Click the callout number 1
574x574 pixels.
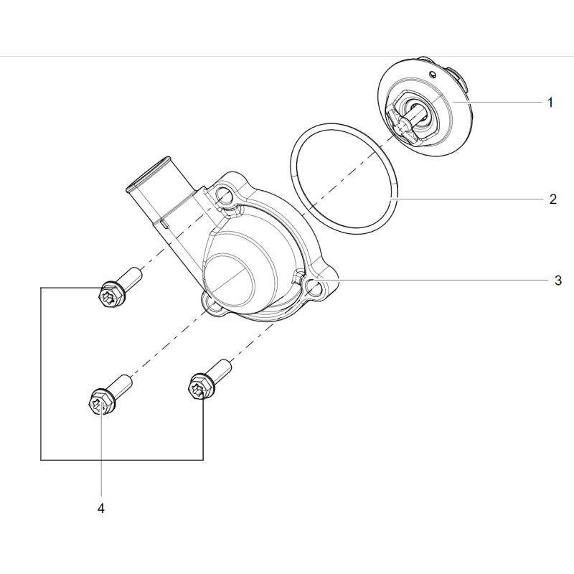point(550,103)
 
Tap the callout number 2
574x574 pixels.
point(552,199)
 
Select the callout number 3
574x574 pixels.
point(557,281)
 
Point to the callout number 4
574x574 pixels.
point(100,508)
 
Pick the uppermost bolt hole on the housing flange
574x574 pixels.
point(226,194)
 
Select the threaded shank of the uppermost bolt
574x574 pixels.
point(131,276)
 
